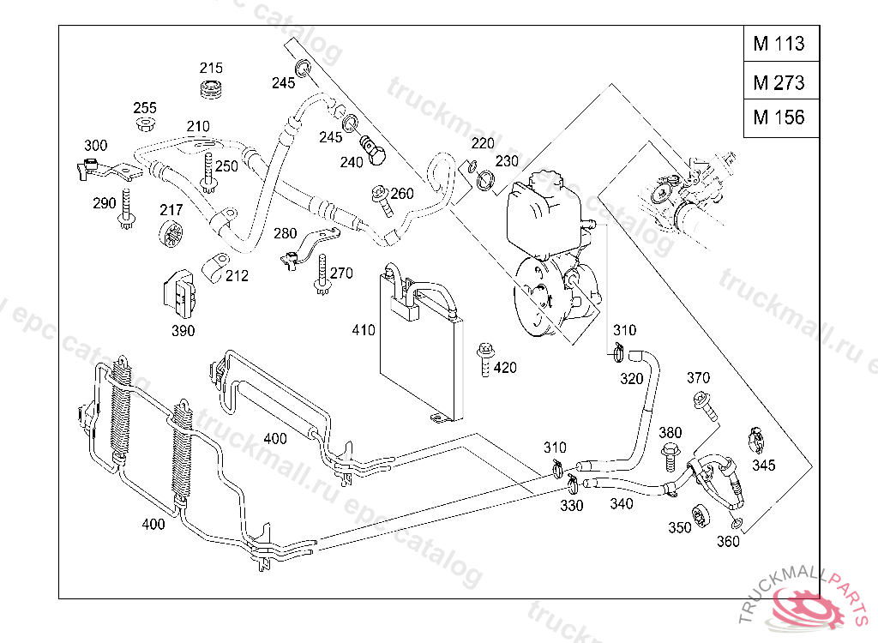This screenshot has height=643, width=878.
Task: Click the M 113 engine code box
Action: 781,43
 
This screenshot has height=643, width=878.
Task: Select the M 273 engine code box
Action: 781,81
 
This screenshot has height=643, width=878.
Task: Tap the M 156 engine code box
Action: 781,117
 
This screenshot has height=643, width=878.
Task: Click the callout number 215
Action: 211,68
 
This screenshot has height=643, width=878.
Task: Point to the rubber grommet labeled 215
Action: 212,90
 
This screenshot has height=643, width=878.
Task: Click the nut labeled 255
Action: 146,123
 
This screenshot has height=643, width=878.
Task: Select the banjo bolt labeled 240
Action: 372,149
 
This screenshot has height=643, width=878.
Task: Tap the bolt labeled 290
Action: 126,209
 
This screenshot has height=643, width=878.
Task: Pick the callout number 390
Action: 183,330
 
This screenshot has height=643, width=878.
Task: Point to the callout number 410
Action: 363,330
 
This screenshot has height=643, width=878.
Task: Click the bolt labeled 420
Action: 485,359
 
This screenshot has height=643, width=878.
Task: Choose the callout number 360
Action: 728,541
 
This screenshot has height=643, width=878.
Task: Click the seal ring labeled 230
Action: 485,180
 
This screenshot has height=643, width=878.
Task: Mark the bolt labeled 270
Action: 322,274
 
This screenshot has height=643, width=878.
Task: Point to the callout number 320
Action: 631,379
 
